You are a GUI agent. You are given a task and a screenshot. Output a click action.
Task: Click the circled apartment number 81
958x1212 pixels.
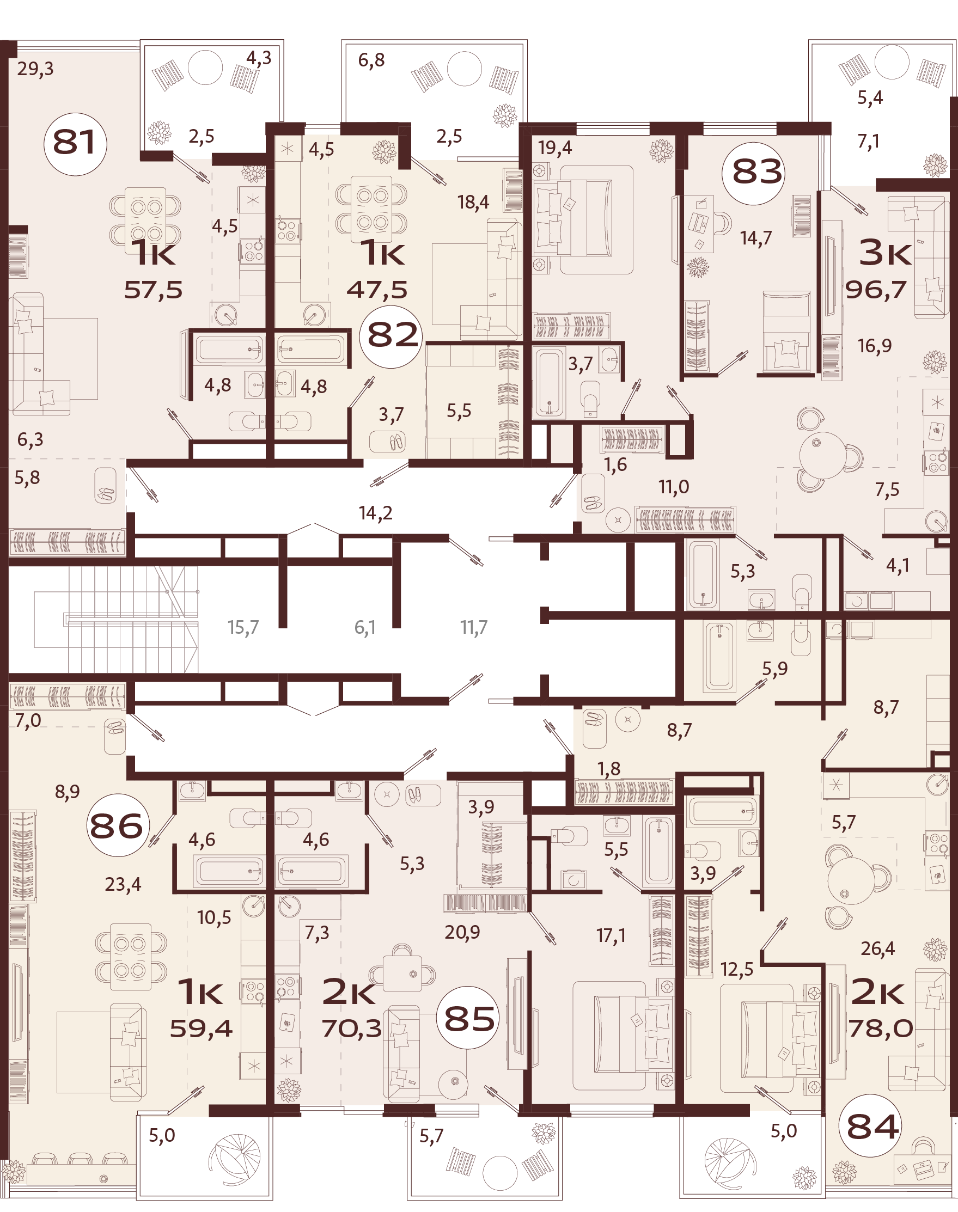coord(75,144)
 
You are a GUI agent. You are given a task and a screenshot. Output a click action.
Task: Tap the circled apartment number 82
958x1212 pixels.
coord(392,336)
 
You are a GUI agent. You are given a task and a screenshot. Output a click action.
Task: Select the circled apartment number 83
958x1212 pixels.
coord(757,172)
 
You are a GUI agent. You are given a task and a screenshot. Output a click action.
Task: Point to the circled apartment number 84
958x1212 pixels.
coord(872,1128)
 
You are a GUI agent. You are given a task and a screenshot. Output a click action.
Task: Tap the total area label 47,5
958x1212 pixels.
coord(377,290)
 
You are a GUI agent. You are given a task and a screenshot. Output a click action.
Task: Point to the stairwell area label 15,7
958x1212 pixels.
coord(243,627)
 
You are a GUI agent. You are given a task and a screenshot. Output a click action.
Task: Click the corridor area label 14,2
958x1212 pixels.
coord(375,513)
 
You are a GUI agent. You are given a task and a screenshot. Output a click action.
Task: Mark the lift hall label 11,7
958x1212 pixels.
coord(474,627)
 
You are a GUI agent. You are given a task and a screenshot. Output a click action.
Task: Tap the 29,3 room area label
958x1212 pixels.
coord(35,69)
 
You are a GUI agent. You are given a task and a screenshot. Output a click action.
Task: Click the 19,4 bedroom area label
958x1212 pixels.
coord(555,148)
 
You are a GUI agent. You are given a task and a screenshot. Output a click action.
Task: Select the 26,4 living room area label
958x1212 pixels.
coord(878,949)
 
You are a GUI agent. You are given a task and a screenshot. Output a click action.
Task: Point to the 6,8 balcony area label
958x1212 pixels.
coord(371,60)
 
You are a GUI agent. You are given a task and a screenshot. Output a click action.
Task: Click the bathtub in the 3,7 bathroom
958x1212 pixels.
coord(548,383)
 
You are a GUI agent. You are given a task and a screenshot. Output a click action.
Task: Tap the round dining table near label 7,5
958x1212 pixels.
coord(822,455)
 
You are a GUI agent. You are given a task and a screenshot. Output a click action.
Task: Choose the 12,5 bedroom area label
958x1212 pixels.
coord(737,969)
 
